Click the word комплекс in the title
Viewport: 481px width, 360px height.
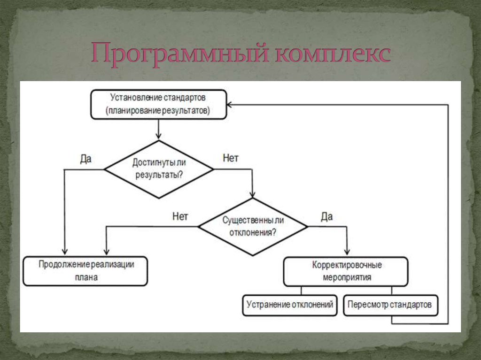pyautogui.click(x=333, y=54)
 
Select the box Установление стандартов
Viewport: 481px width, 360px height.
pyautogui.click(x=159, y=104)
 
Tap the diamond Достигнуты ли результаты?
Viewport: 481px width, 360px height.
pyautogui.click(x=159, y=169)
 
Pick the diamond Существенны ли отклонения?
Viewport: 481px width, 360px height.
pyautogui.click(x=253, y=227)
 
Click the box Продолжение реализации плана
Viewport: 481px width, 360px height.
pyautogui.click(x=85, y=271)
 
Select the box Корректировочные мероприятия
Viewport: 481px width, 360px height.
pyautogui.click(x=346, y=272)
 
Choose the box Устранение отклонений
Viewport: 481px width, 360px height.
pyautogui.click(x=290, y=306)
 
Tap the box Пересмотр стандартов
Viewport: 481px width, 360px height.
pyautogui.click(x=390, y=306)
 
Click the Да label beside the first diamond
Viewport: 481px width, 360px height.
pyautogui.click(x=85, y=159)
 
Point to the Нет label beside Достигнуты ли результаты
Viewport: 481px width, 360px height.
pyautogui.click(x=231, y=158)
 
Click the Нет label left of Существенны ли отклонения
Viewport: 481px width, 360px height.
pyautogui.click(x=180, y=216)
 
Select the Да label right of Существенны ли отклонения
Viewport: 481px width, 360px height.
pyautogui.click(x=327, y=216)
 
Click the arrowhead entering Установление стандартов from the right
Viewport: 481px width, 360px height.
pyautogui.click(x=229, y=105)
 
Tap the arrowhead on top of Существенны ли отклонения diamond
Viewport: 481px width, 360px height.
pyautogui.click(x=252, y=195)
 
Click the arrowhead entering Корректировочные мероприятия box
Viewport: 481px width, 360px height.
pyautogui.click(x=347, y=252)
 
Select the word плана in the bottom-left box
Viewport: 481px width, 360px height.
pyautogui.click(x=86, y=277)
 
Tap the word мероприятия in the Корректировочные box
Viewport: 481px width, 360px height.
pyautogui.click(x=347, y=277)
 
